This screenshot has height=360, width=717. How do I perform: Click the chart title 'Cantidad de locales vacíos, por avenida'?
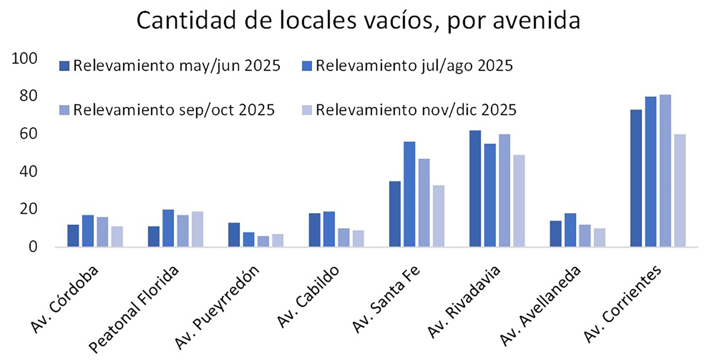point(358,21)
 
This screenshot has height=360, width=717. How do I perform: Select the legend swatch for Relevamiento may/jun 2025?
point(64,66)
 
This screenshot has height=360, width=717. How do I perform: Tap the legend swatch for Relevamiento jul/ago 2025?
point(307,66)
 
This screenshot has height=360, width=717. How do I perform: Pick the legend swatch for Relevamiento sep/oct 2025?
point(64,110)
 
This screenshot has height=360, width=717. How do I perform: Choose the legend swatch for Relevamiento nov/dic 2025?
point(307,110)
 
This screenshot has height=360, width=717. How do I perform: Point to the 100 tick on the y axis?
point(25,59)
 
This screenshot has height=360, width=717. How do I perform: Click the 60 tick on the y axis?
point(28,134)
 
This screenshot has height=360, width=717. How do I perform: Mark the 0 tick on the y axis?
point(33,247)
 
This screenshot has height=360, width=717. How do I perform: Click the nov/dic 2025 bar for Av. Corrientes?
point(680,190)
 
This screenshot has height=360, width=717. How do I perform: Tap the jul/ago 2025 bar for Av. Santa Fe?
point(409,194)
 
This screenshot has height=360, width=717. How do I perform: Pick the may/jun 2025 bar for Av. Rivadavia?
point(475,189)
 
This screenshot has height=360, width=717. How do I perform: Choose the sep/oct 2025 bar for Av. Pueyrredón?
point(263,241)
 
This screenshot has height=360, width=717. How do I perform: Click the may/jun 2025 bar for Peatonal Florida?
point(153,236)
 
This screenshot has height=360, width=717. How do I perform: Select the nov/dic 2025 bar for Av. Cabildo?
point(358,239)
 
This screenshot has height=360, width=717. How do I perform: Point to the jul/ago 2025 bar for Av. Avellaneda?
point(570,230)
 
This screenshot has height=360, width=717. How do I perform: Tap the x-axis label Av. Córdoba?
point(65,299)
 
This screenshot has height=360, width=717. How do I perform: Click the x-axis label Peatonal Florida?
point(134,309)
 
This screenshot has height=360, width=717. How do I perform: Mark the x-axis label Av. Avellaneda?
point(540,305)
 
